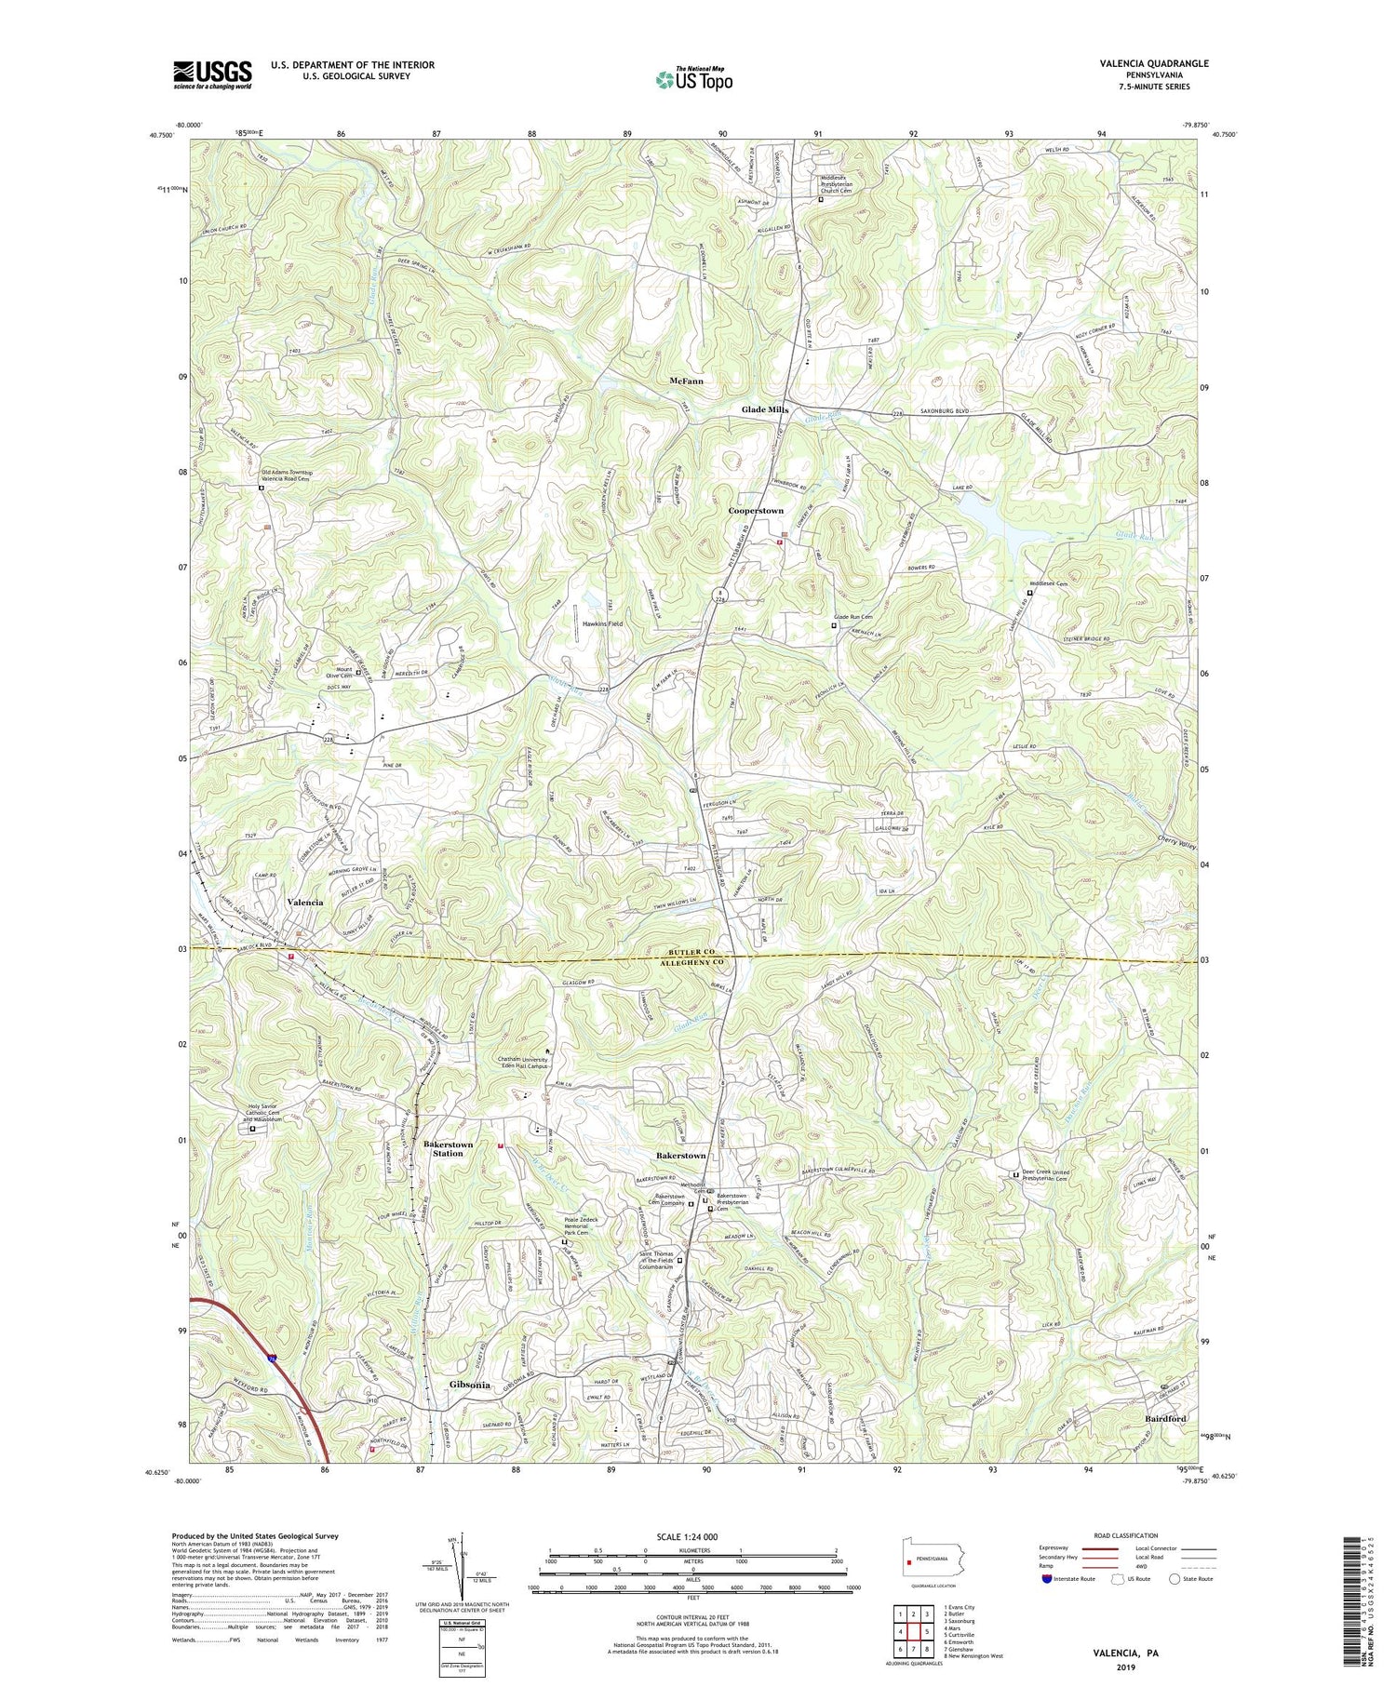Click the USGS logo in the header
coord(212,74)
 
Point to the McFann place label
coord(686,382)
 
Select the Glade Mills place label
coord(765,410)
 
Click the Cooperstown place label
coord(755,511)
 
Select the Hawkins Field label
coord(602,623)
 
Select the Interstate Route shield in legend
coord(1047,1579)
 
